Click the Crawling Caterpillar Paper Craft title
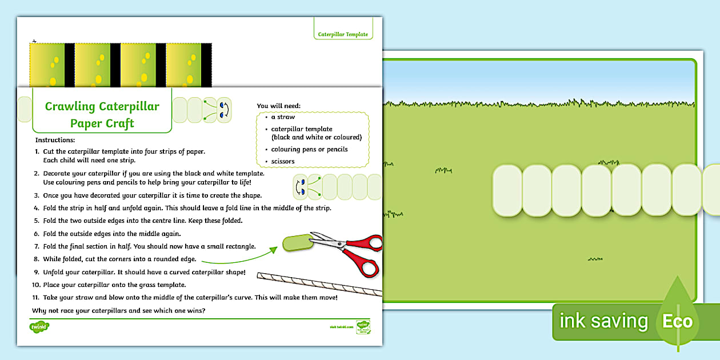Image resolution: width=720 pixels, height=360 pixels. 102,114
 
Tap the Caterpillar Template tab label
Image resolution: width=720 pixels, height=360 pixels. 343,35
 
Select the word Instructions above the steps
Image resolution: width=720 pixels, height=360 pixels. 55,140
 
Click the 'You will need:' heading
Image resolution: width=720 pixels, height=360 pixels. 278,106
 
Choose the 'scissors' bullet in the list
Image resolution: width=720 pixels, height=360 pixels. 283,161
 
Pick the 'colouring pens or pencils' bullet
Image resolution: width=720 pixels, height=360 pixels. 309,149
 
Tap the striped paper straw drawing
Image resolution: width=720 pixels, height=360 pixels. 320,283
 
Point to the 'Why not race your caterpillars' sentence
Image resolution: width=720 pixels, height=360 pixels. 119,310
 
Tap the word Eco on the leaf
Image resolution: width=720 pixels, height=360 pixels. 677,321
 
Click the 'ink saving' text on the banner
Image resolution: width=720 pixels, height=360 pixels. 603,321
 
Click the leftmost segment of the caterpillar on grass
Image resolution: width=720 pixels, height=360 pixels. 507,190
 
